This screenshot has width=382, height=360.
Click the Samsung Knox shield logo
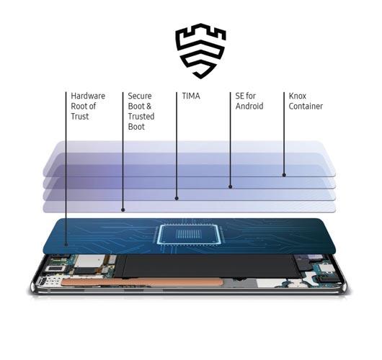click(200, 51)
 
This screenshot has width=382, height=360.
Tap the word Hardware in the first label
click(88, 96)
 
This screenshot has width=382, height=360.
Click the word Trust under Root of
click(80, 117)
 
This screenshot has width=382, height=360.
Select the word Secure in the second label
click(140, 96)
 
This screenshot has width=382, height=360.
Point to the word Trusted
click(141, 117)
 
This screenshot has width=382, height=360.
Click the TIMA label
click(191, 96)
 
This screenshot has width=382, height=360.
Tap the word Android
click(249, 106)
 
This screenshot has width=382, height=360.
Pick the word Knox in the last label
click(298, 96)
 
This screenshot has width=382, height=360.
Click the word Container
click(306, 106)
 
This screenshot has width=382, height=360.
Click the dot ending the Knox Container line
click(284, 175)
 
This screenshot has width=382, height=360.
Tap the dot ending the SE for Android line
click(230, 186)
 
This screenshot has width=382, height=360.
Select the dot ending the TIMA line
click(177, 199)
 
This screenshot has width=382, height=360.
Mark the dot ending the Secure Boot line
click(123, 210)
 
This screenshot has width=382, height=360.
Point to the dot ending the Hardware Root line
click(66, 244)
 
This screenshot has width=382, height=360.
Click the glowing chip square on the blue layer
click(189, 234)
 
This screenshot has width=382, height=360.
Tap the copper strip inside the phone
click(142, 282)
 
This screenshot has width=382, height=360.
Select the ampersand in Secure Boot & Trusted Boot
click(148, 106)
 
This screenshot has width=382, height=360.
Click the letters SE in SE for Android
click(239, 96)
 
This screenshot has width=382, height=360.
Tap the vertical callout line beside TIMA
click(177, 145)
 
